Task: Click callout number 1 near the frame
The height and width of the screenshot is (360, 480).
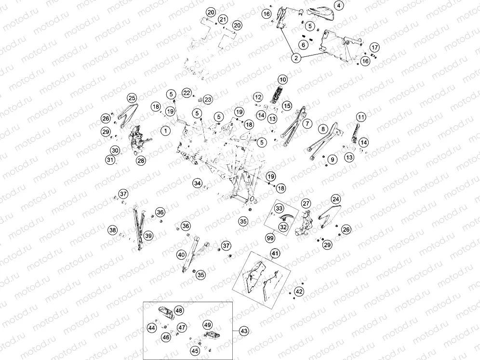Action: [x=166, y=131]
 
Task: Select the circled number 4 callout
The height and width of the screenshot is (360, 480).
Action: [x=338, y=5]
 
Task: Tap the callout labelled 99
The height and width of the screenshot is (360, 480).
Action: [x=270, y=238]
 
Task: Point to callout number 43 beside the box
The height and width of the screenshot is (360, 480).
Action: [x=244, y=331]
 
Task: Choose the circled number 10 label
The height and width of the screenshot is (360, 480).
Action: [x=282, y=80]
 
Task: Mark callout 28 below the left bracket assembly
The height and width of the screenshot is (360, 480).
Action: [x=141, y=160]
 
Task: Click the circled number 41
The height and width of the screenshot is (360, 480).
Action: [x=275, y=253]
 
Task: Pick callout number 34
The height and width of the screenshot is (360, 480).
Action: [x=198, y=183]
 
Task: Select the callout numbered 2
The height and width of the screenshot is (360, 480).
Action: [x=296, y=58]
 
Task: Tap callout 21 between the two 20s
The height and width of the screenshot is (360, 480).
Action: [x=223, y=20]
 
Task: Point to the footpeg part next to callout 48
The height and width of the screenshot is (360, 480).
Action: [x=166, y=312]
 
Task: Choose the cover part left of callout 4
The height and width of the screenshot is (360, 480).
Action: [x=320, y=12]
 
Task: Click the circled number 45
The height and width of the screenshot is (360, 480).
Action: [x=195, y=351]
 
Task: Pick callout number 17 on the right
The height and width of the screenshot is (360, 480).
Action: [x=374, y=47]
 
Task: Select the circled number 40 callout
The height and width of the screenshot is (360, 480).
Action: [x=182, y=254]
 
